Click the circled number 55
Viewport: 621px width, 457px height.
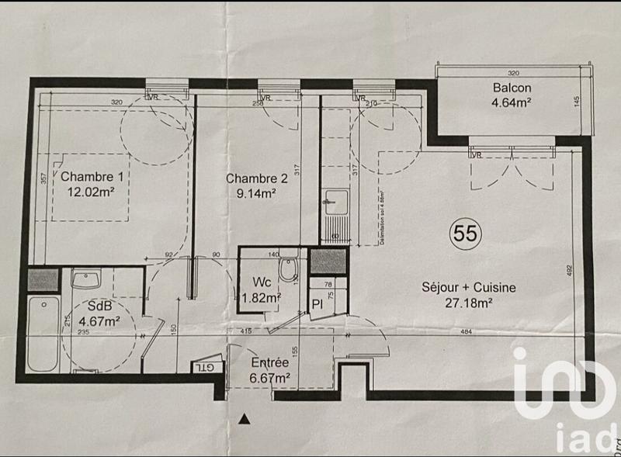point(464,233)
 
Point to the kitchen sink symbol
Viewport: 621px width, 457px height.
point(335,204)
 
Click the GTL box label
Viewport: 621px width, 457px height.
point(204,369)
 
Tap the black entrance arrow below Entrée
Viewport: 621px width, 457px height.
point(246,420)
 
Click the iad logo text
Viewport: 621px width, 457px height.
point(579,439)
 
